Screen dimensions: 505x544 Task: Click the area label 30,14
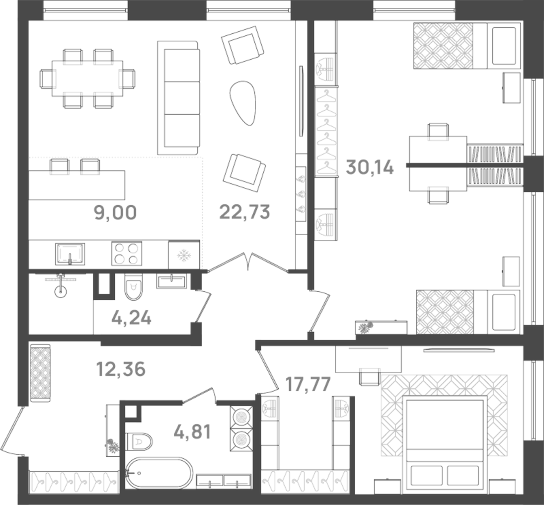click(x=369, y=167)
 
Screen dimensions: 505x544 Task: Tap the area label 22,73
click(x=244, y=212)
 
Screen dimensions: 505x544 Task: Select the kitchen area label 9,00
click(x=115, y=212)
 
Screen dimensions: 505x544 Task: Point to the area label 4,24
click(x=131, y=318)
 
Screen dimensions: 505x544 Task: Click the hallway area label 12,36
click(x=121, y=369)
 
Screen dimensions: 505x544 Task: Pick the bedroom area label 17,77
click(x=308, y=384)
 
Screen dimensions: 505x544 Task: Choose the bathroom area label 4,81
click(x=192, y=432)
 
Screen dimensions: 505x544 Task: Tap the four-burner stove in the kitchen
click(x=127, y=254)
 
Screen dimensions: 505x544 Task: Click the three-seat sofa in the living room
click(x=179, y=98)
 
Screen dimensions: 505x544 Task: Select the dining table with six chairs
click(x=87, y=78)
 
